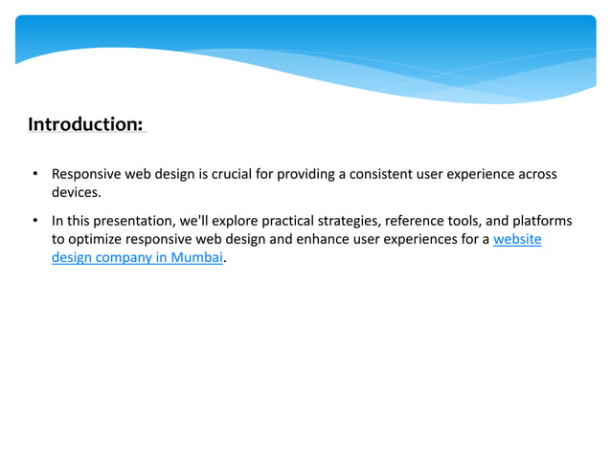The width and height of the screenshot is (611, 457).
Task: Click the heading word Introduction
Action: coord(85,124)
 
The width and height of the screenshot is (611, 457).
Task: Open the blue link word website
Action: coord(517,239)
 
